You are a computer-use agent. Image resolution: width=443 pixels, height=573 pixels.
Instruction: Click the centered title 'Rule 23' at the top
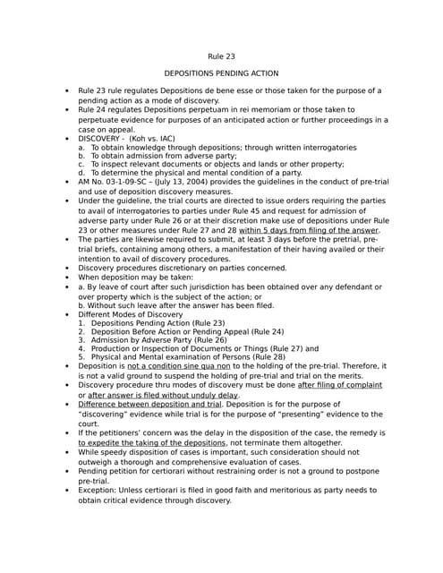[221, 56]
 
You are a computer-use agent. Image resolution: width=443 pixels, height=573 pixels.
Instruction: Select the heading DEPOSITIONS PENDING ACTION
[221, 73]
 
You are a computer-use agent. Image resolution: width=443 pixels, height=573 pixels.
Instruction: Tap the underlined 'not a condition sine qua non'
[178, 365]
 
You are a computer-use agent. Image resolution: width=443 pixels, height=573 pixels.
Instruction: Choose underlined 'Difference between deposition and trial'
[149, 404]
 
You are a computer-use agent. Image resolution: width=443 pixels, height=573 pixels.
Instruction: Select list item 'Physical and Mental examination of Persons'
[170, 356]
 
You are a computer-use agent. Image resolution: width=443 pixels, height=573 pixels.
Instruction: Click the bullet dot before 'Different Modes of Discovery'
[67, 315]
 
